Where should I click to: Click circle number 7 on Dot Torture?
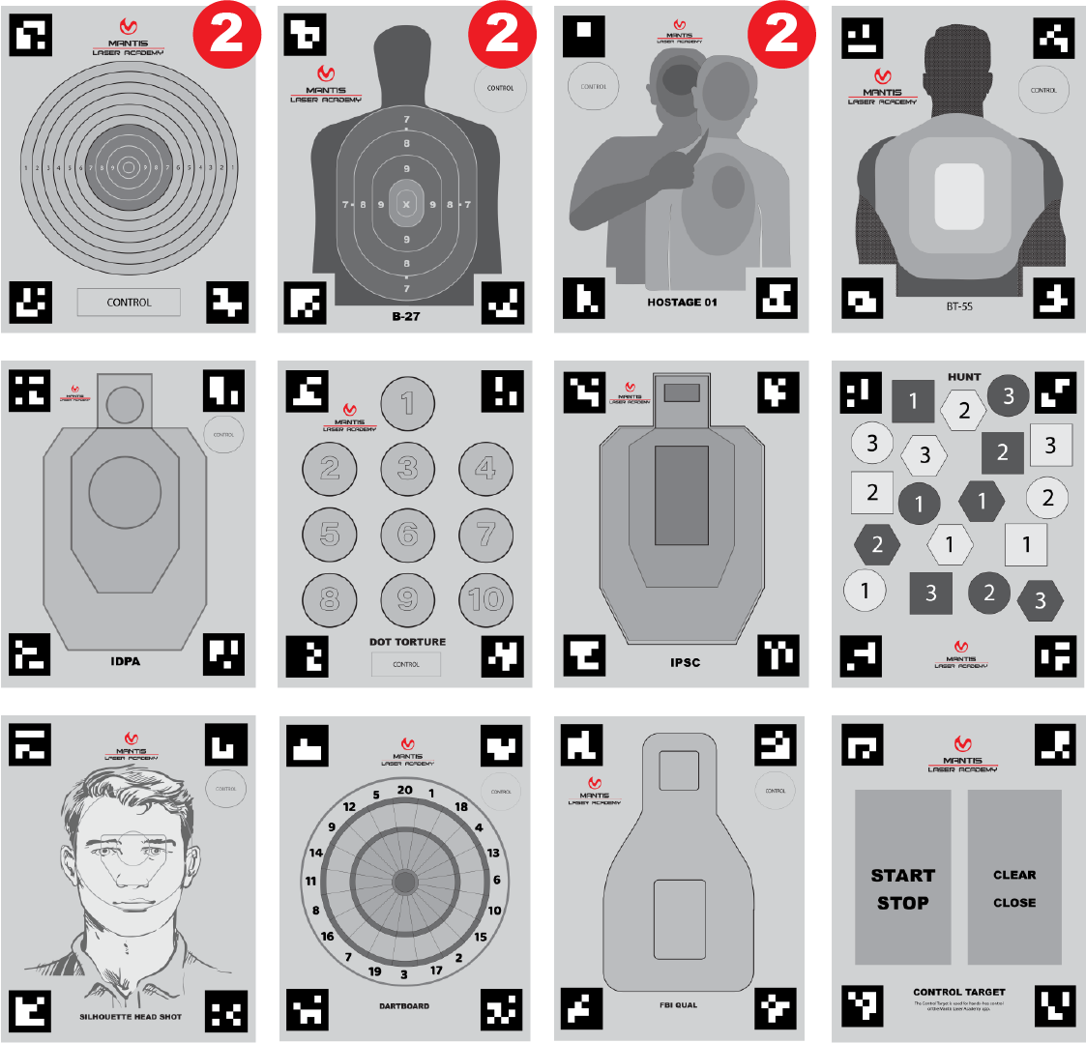click(x=485, y=534)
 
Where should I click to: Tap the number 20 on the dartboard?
click(x=404, y=790)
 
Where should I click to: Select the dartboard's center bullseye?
click(x=404, y=882)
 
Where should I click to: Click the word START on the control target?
click(x=902, y=876)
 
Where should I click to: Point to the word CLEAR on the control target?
click(x=1013, y=875)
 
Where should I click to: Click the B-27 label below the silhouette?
click(x=405, y=316)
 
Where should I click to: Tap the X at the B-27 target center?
click(x=406, y=205)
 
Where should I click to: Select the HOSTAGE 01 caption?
click(x=682, y=303)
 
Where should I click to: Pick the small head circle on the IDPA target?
click(x=125, y=404)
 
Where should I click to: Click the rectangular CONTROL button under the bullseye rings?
click(x=129, y=303)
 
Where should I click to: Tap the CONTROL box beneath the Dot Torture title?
click(x=406, y=664)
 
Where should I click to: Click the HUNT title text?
click(x=963, y=377)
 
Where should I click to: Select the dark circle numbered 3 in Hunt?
click(x=1008, y=394)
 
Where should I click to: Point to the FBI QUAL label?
click(x=678, y=1005)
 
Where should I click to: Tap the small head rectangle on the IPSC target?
click(x=682, y=393)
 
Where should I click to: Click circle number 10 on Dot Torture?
click(x=485, y=599)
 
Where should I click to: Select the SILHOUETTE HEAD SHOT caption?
click(x=130, y=1017)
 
